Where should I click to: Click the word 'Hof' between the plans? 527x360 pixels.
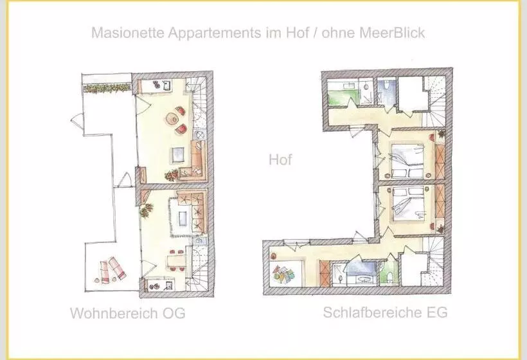pos(280,159)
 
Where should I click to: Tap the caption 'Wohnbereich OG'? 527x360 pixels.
pos(127,314)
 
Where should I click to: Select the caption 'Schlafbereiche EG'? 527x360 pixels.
pos(385,313)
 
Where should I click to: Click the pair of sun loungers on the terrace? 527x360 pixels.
pos(110,269)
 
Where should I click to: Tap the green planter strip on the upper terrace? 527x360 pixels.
pos(107,85)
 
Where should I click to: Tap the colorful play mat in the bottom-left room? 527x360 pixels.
pos(284,274)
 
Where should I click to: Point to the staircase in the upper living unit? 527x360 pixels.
pos(200,103)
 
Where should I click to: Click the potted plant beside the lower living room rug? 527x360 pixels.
pos(147,210)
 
